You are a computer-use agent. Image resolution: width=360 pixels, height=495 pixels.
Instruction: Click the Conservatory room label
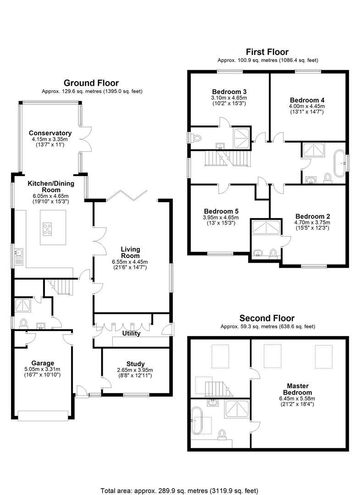tap(50, 133)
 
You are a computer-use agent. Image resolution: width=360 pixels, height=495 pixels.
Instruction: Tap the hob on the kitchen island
tap(47, 229)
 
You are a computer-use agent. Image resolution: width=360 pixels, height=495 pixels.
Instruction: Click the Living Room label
tap(130, 253)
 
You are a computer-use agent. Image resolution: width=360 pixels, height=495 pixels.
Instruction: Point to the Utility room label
tap(131, 333)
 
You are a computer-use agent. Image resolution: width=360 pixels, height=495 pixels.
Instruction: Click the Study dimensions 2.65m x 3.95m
tap(135, 370)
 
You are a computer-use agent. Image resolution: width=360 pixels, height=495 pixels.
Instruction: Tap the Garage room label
tap(43, 363)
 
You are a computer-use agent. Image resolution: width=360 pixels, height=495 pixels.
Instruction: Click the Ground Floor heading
tap(91, 83)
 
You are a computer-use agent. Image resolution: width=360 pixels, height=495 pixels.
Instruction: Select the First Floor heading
tap(267, 52)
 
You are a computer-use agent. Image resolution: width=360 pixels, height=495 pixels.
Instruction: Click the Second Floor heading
tap(267, 318)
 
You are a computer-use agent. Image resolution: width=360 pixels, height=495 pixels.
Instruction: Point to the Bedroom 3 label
tap(229, 92)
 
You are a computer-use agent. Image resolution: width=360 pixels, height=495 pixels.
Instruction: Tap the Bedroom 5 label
tap(221, 211)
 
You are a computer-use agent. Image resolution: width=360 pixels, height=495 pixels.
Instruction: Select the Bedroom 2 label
tap(313, 216)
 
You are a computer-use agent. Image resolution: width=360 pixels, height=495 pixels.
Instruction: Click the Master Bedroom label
tap(298, 389)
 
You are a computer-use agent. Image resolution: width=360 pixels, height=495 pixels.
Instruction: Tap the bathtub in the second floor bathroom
tap(197, 420)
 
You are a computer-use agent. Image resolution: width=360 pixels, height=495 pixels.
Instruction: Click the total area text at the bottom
tap(179, 491)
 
